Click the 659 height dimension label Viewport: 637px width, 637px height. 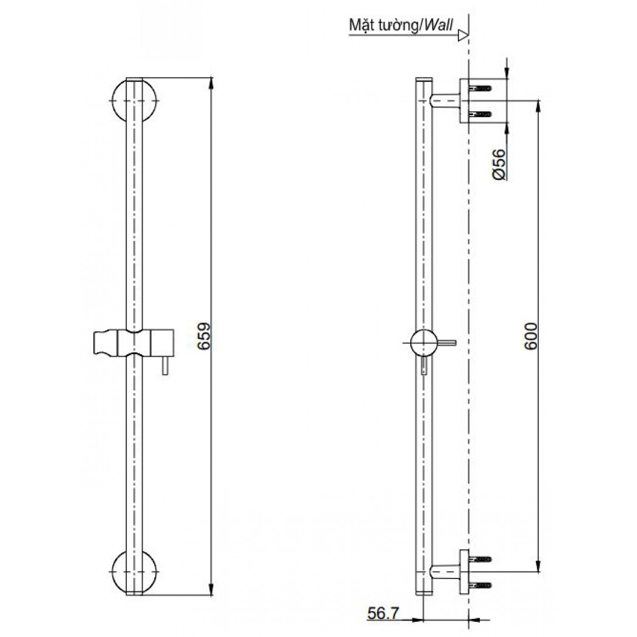[203, 335]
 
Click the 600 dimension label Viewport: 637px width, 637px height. [531, 336]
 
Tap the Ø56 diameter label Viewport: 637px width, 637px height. [499, 165]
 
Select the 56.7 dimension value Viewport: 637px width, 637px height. [383, 613]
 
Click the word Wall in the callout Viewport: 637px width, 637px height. [438, 25]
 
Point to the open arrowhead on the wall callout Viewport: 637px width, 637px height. [463, 35]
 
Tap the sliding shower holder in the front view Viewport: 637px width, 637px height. [134, 343]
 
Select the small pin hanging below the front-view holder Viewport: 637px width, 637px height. [165, 366]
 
